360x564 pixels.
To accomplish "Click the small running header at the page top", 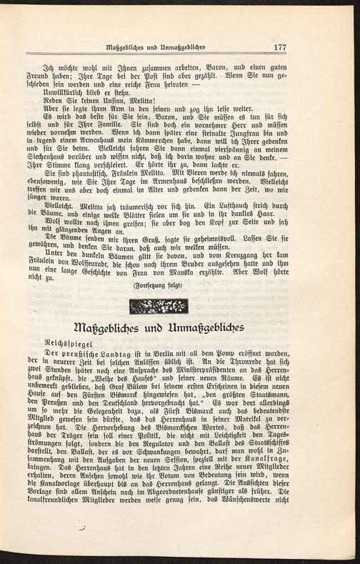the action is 155,48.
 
